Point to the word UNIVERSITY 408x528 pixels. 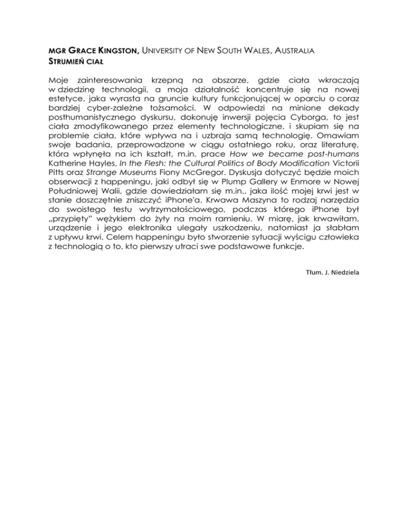(x=164, y=51)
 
